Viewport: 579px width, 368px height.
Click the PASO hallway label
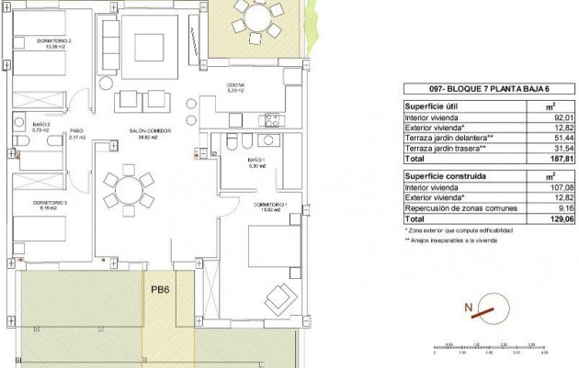[77, 132]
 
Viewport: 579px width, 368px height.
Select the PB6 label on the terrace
[161, 290]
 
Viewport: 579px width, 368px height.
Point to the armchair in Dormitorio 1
[276, 296]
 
